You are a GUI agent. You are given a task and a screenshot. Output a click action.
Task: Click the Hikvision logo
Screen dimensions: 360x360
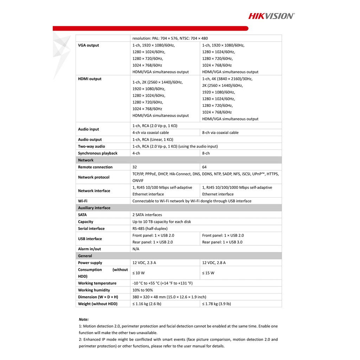point(271,16)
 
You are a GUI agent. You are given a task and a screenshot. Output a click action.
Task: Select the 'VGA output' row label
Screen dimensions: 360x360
point(89,45)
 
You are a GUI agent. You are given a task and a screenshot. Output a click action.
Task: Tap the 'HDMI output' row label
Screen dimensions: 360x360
point(90,79)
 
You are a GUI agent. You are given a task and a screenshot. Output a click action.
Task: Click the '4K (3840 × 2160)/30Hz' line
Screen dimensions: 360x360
point(227,79)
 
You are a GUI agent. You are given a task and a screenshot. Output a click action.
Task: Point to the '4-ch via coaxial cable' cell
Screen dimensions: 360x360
point(150,133)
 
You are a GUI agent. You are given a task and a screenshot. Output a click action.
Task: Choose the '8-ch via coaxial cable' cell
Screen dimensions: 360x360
point(220,133)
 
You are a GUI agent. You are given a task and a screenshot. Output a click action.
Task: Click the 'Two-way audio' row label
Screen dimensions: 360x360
point(91,146)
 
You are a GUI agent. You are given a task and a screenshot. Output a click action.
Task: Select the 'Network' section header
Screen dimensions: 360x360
point(86,160)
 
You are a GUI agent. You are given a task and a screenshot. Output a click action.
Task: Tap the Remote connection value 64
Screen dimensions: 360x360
point(204,167)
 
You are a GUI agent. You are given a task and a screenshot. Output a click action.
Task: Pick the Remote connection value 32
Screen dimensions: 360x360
point(135,167)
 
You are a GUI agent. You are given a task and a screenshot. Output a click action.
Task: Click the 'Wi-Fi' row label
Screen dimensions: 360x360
point(83,201)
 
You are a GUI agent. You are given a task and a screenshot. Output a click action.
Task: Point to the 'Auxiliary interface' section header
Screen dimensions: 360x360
point(94,208)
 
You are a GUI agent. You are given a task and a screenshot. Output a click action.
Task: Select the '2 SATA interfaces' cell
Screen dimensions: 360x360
point(147,215)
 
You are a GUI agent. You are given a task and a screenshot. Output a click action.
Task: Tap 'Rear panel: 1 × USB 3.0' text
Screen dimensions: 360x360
point(222,242)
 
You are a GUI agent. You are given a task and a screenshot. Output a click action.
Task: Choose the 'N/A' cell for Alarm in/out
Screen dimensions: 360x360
point(136,249)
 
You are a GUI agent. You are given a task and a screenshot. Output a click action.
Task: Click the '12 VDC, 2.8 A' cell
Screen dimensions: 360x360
point(214,263)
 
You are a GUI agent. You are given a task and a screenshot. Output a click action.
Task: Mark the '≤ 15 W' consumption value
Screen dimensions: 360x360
point(208,273)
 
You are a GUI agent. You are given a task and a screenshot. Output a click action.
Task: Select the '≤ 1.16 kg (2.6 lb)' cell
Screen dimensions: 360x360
point(147,304)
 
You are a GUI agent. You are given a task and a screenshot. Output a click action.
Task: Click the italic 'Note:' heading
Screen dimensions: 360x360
point(84,319)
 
